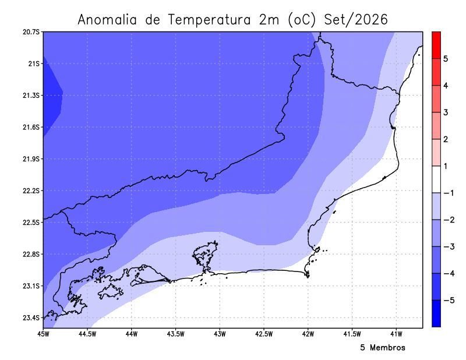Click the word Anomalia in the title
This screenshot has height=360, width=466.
pos(107,20)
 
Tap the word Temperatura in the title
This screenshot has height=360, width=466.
pos(209,20)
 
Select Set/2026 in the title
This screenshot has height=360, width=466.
pos(356,20)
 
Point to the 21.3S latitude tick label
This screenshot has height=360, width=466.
pos(31,96)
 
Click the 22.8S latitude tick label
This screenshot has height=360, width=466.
pos(31,254)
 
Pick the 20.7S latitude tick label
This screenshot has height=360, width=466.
pos(31,32)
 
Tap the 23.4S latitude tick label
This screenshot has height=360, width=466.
pos(31,318)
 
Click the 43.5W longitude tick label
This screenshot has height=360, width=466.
pos(176,334)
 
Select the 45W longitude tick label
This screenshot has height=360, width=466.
pos(43,334)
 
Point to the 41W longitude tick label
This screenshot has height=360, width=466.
pos(396,334)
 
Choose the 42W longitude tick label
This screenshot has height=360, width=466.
pos(308,334)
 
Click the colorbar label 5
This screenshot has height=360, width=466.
pos(446,59)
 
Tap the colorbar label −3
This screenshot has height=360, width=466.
pos(449,246)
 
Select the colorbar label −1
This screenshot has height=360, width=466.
pos(449,193)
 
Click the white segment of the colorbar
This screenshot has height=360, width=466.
pos(436,179)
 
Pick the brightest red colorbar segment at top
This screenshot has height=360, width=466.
pos(436,45)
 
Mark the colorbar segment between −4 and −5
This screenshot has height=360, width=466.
pos(436,287)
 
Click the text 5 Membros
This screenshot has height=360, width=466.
pos(383,348)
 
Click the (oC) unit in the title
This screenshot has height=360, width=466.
pos(302,20)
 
